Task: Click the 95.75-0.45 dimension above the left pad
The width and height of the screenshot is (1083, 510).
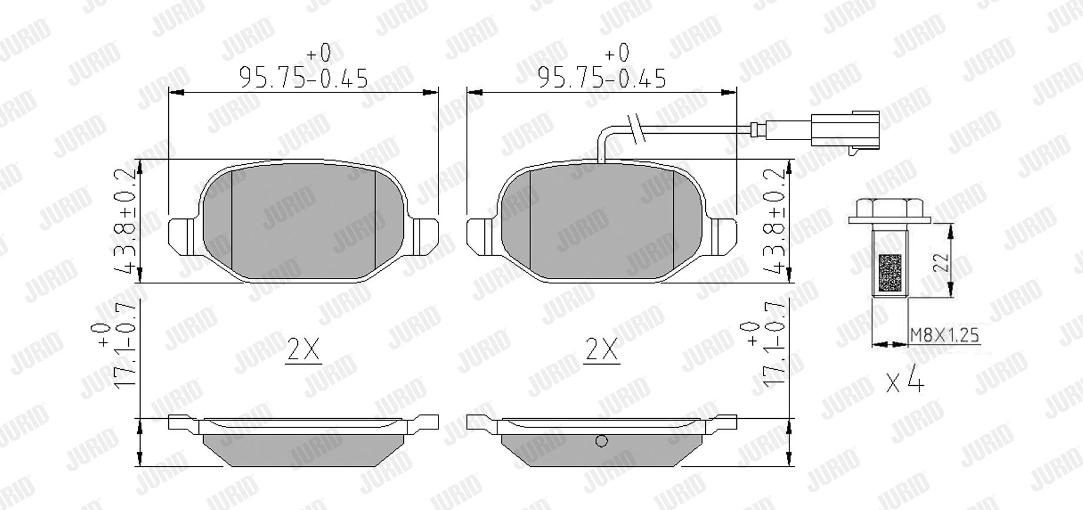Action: [303, 78]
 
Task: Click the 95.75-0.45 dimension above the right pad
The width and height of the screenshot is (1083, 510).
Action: [602, 78]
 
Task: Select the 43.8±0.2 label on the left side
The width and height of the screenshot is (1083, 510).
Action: [126, 220]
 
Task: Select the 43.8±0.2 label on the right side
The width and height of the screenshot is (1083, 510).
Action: [776, 220]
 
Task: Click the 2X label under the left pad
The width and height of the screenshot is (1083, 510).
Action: [304, 350]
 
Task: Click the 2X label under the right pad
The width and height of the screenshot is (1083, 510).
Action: [602, 350]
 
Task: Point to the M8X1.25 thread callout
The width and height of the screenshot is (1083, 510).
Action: [945, 335]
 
